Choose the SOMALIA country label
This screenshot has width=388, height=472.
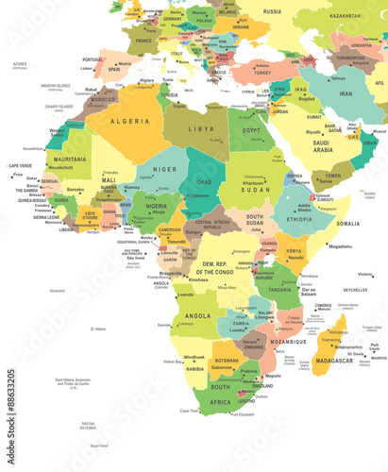click(348, 224)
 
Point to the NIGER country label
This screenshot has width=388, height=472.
click(165, 171)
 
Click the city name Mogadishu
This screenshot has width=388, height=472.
click(341, 246)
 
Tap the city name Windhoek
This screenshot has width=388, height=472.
click(194, 357)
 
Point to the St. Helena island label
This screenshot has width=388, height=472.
click(97, 329)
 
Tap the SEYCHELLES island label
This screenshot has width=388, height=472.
click(356, 290)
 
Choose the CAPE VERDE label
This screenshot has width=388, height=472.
click(20, 166)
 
